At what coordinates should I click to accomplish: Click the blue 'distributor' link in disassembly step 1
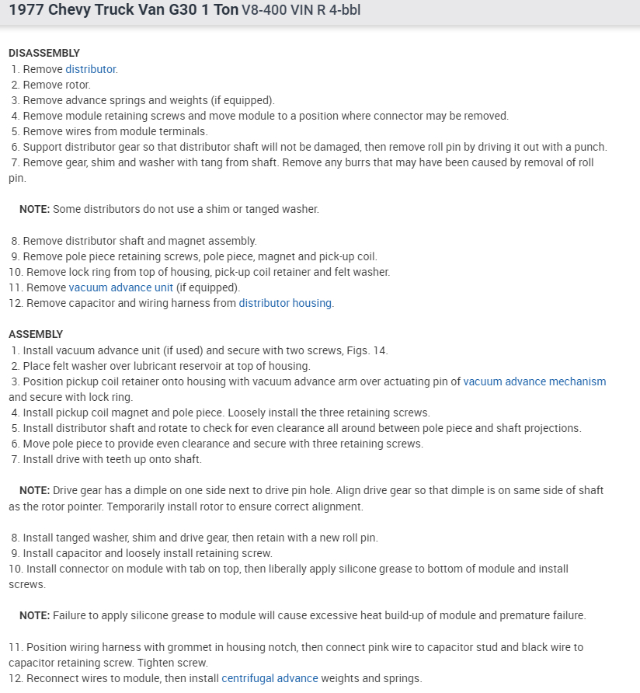pos(90,69)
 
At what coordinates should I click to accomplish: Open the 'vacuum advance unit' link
pos(120,287)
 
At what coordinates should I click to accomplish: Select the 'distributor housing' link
pos(285,303)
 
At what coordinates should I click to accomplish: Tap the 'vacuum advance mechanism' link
pos(534,381)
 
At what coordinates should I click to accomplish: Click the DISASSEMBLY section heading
pos(44,53)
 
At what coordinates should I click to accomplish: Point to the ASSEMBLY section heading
pos(36,334)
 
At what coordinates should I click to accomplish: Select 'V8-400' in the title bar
pos(263,11)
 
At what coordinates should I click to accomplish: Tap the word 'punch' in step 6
pos(590,147)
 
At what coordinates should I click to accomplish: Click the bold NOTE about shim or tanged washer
pos(34,209)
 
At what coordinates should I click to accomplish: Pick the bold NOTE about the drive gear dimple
pos(34,490)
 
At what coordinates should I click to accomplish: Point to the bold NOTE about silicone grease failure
pos(34,615)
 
